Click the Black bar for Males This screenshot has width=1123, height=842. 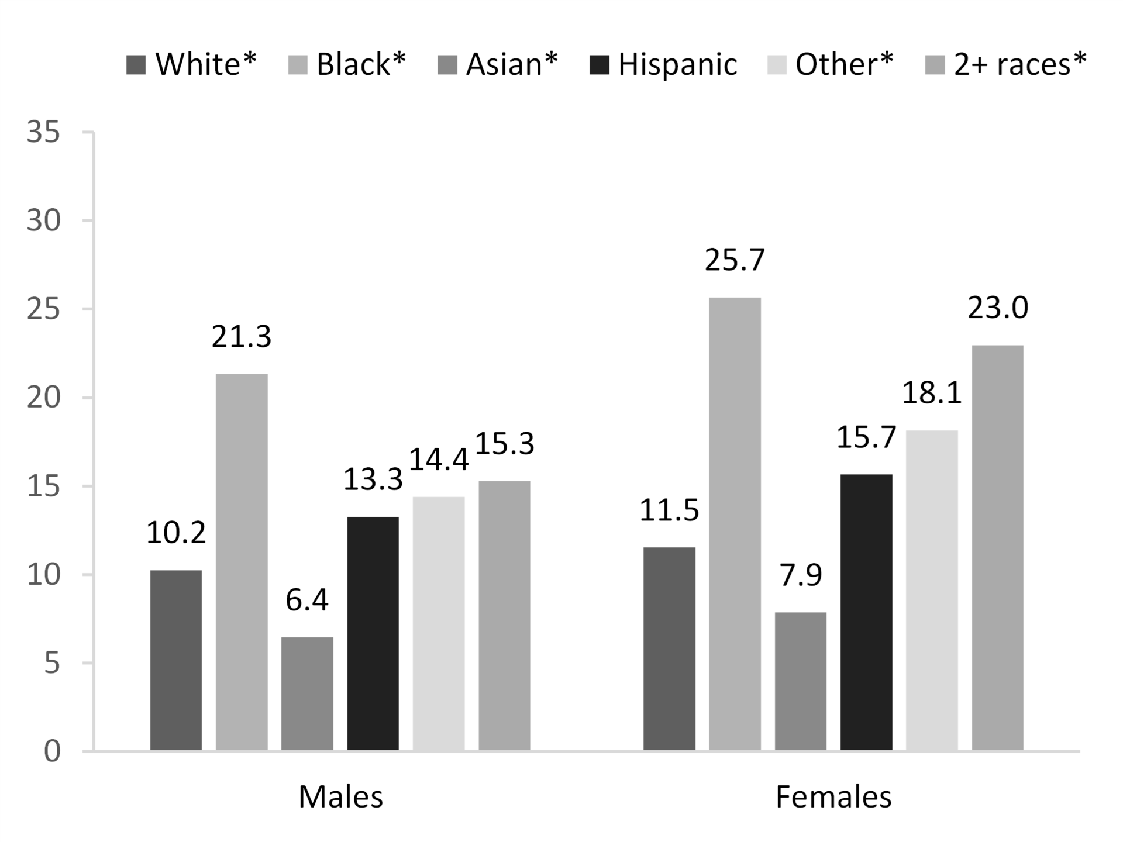242,561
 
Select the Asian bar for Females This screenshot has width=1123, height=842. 800,681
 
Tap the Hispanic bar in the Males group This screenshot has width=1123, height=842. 373,633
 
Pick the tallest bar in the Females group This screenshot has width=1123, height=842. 735,524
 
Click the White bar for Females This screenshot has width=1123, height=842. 669,648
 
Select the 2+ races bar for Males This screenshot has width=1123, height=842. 504,615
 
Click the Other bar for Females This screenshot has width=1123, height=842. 932,590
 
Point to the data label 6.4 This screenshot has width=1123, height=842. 307,601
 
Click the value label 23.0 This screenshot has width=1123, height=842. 997,308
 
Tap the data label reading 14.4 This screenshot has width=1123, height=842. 438,460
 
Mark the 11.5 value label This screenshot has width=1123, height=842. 669,510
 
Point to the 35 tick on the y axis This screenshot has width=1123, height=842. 44,133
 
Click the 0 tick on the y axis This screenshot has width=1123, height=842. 52,752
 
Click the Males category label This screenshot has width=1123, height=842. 340,797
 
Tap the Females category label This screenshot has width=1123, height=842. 833,797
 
